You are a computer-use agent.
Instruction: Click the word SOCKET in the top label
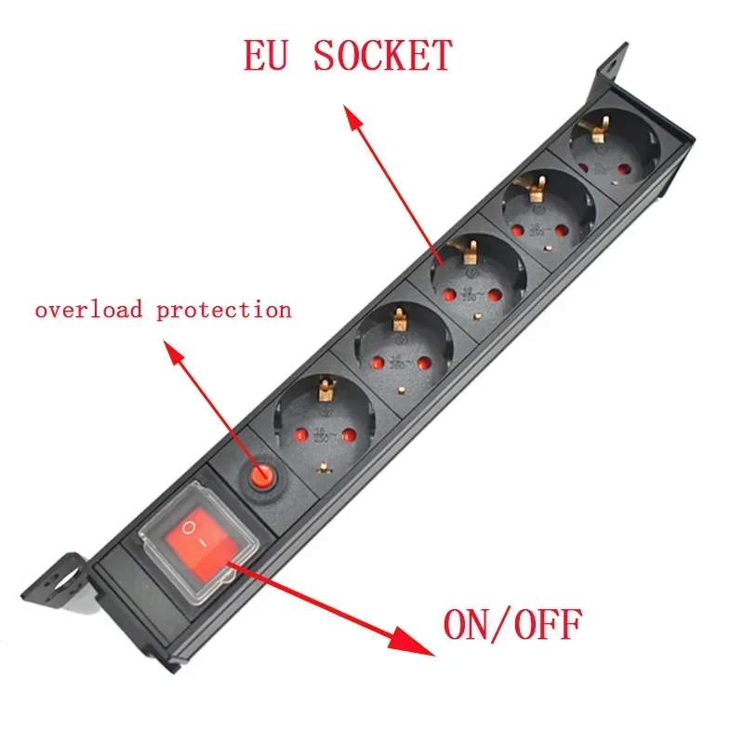pos(382,57)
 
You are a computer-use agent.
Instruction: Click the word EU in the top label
pos(269,57)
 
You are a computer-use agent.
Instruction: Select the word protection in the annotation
pos(223,310)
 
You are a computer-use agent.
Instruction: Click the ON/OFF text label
pos(511,624)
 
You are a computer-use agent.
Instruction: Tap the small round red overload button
pos(260,477)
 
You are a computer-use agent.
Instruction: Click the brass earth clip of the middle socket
pos(471,250)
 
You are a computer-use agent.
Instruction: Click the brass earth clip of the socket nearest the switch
pos(325,385)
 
